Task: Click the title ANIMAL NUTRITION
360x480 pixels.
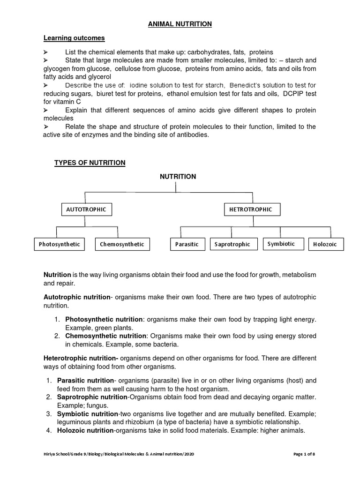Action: point(180,24)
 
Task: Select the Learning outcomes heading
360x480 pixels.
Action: point(74,38)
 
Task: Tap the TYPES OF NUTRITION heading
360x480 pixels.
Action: point(90,163)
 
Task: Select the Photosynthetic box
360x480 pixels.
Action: point(60,244)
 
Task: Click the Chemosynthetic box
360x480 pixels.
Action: point(122,244)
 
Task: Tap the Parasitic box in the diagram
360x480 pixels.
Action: point(187,244)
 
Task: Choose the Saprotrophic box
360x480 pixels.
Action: point(232,244)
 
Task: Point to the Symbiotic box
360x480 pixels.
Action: point(281,244)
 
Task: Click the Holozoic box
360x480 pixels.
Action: point(325,244)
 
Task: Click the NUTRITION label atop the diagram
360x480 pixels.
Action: point(178,177)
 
